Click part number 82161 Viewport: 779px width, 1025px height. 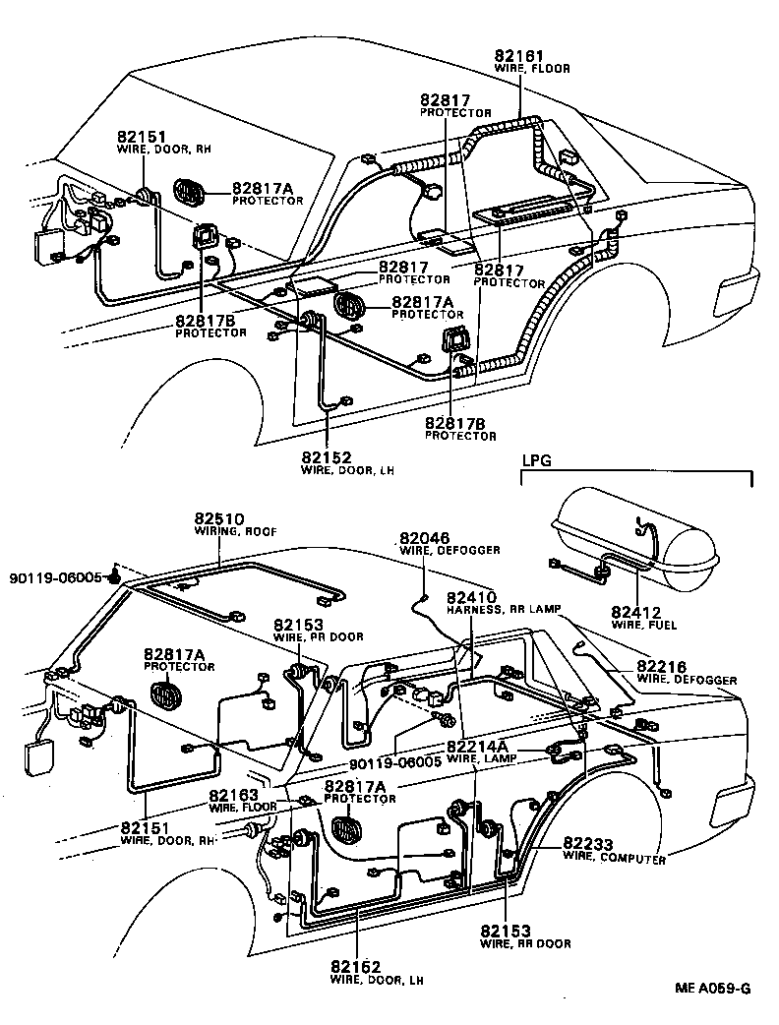519,57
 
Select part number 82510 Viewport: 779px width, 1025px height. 218,518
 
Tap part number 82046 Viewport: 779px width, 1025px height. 424,538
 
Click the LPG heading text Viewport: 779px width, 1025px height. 535,460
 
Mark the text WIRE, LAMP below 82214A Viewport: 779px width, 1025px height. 475,758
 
